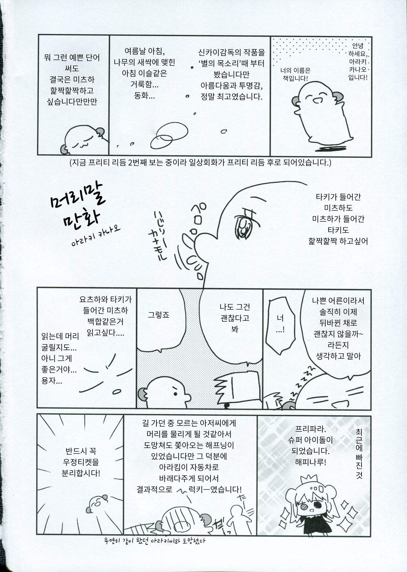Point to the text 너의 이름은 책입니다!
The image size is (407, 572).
point(295,74)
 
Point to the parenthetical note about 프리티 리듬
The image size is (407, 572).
point(201,163)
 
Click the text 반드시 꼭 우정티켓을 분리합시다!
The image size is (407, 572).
point(81,461)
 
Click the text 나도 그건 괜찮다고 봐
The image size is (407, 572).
point(235,318)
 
